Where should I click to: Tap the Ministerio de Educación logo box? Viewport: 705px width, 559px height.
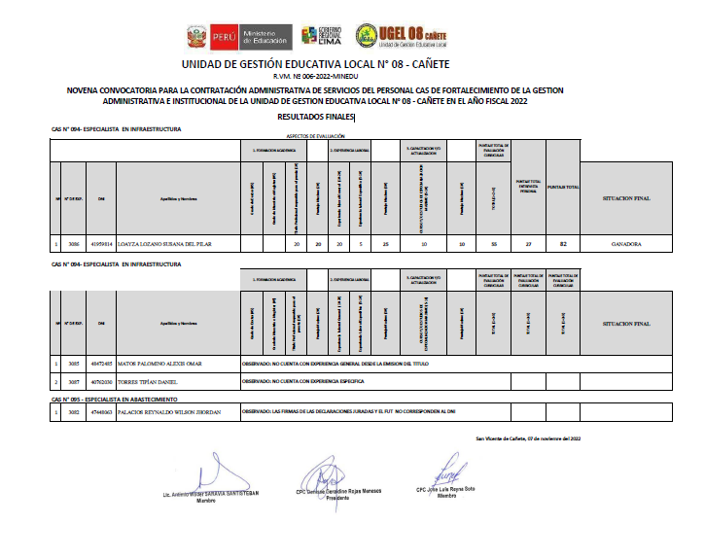(262, 37)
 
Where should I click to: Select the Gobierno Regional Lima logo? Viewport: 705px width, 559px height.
(326, 36)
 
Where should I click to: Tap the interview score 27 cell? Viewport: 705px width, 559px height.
(528, 245)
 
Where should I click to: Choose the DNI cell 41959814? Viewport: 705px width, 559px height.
(101, 245)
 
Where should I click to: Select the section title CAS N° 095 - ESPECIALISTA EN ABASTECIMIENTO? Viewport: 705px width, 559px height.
(115, 399)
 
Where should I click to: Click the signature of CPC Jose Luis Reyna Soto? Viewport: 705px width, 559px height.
(445, 474)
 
